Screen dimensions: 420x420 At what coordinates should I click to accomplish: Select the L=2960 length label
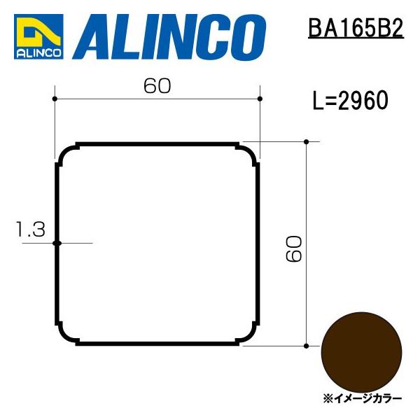pos(349,101)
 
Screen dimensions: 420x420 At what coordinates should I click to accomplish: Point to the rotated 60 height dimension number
pos(293,248)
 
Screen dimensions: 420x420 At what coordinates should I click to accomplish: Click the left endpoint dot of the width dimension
pos(55,99)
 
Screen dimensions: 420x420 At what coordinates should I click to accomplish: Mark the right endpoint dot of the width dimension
pos(260,99)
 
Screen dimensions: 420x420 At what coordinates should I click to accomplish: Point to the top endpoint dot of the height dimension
pos(307,142)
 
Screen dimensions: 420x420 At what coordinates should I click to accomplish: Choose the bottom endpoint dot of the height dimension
pos(307,346)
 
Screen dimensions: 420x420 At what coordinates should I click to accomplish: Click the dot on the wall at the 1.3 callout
pos(57,243)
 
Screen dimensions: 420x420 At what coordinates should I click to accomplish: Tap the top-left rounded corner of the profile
pos(66,154)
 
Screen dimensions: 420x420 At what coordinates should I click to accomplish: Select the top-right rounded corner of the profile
pos(248,154)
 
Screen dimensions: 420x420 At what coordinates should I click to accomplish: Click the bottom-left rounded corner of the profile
pos(66,334)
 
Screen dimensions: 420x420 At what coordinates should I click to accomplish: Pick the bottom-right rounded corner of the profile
pos(248,334)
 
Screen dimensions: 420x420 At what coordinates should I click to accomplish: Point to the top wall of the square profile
pos(157,146)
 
